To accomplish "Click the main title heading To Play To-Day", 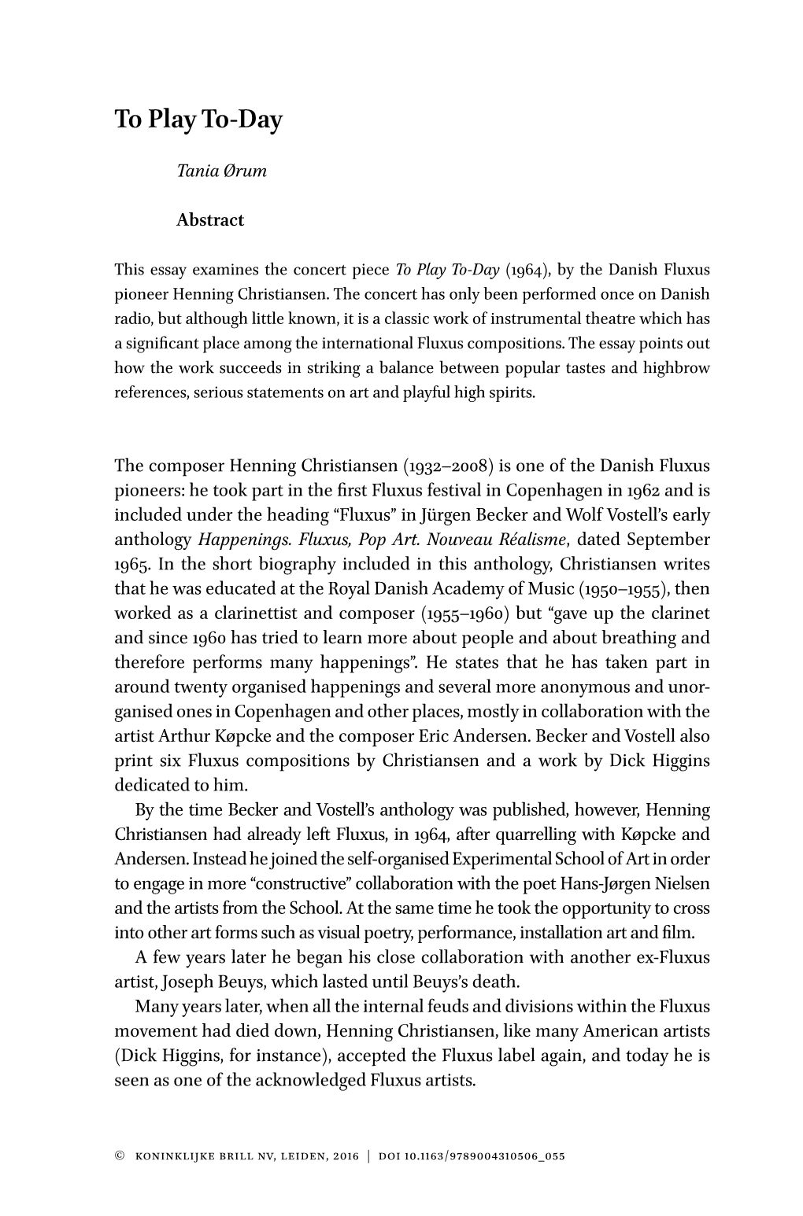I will click(198, 120).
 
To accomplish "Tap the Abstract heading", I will click(210, 220).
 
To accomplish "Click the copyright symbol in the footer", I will click(120, 1156).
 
